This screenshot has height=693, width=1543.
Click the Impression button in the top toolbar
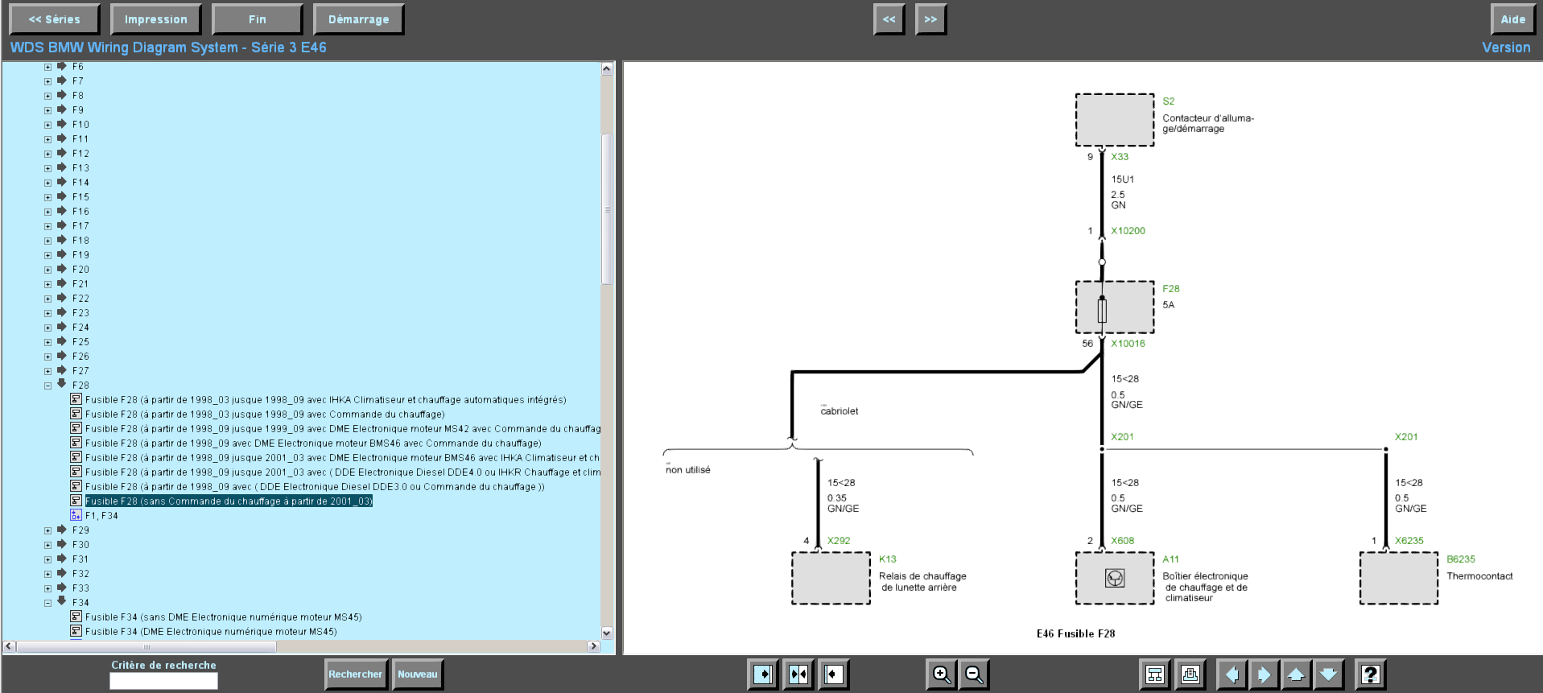(x=155, y=19)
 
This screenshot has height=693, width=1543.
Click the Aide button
(x=1512, y=19)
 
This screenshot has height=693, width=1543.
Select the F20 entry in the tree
(x=80, y=270)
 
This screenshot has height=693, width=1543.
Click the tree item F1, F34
(x=101, y=516)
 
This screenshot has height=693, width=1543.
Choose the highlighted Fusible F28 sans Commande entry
(x=229, y=501)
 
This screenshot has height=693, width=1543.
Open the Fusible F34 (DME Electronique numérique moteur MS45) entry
(x=211, y=632)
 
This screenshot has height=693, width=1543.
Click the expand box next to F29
(x=48, y=530)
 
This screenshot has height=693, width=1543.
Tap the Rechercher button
(x=355, y=674)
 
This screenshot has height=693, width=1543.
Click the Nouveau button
(x=418, y=674)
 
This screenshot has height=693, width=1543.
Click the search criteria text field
(x=163, y=681)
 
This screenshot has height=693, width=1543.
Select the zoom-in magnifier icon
(x=941, y=674)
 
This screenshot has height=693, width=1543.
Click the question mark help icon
(x=1371, y=674)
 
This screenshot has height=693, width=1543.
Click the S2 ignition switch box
(x=1115, y=120)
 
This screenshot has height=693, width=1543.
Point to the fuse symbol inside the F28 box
(x=1102, y=310)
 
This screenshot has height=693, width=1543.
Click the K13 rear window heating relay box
(x=831, y=578)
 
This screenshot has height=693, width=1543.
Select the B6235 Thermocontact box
(x=1399, y=578)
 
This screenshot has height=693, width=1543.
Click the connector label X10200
(x=1128, y=231)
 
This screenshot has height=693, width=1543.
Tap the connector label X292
(x=839, y=541)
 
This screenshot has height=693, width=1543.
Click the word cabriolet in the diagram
(x=840, y=411)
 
